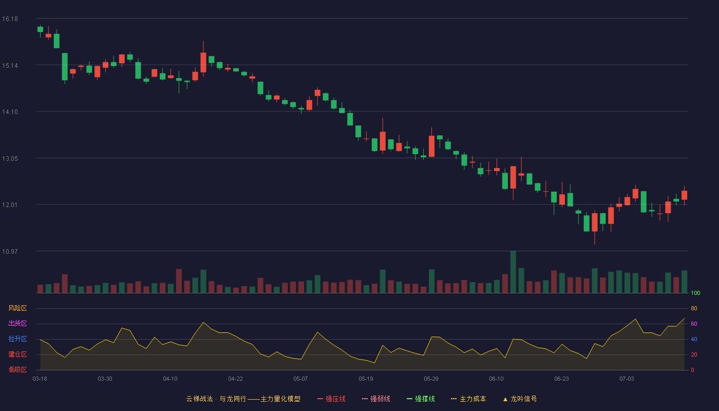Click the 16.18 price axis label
(10, 19)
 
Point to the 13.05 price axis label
(10, 159)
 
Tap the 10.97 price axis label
(10, 251)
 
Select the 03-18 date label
(40, 379)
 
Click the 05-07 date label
(300, 379)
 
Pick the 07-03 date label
(627, 379)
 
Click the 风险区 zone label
(17, 308)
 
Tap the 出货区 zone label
(17, 323)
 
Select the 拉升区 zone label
(17, 339)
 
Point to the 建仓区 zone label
(17, 354)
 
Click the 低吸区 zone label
(17, 369)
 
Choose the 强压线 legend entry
(331, 399)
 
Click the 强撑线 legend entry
(421, 399)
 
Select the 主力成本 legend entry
(468, 399)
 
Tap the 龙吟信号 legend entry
(520, 399)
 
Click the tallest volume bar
(513, 272)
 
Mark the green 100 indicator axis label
(695, 293)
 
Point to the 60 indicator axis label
(694, 324)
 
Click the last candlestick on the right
(684, 195)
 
